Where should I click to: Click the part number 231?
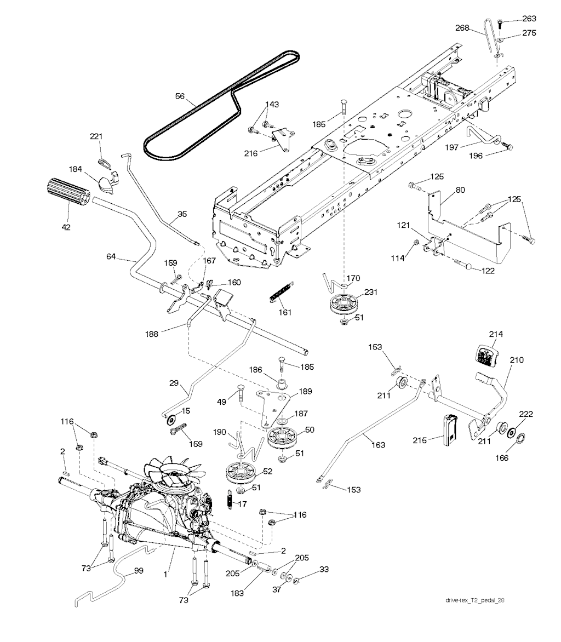[371, 293]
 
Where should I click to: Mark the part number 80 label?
[460, 191]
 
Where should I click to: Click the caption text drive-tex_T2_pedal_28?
[474, 600]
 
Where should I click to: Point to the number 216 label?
[251, 154]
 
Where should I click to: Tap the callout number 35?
[182, 214]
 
